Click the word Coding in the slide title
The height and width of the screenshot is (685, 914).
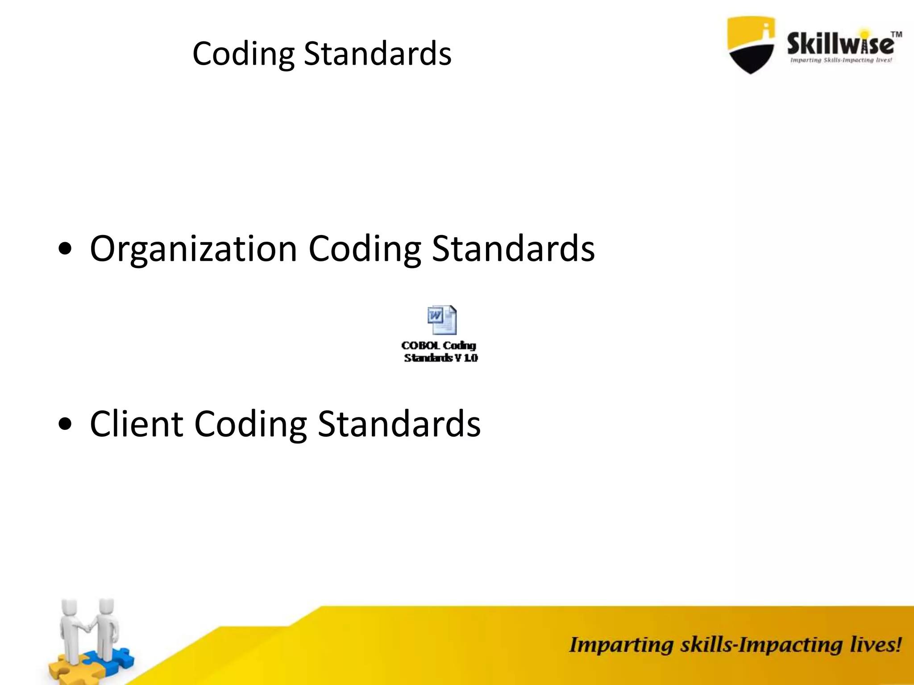tap(243, 54)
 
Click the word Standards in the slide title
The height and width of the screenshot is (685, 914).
tap(378, 54)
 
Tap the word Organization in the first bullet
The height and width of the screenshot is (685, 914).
tap(193, 248)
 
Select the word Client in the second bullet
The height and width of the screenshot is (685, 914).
tap(136, 424)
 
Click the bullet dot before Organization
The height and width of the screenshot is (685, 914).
tap(65, 250)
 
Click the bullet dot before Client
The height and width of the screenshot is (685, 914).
tap(65, 425)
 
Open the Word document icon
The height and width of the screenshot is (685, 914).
tap(441, 320)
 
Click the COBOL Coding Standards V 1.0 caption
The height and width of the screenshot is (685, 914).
tap(440, 351)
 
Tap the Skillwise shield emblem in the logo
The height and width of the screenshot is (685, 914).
tap(751, 44)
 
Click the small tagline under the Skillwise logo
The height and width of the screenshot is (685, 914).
tap(841, 60)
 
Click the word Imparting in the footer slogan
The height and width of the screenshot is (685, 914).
tap(621, 645)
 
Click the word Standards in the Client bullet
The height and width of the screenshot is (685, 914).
tap(399, 424)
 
